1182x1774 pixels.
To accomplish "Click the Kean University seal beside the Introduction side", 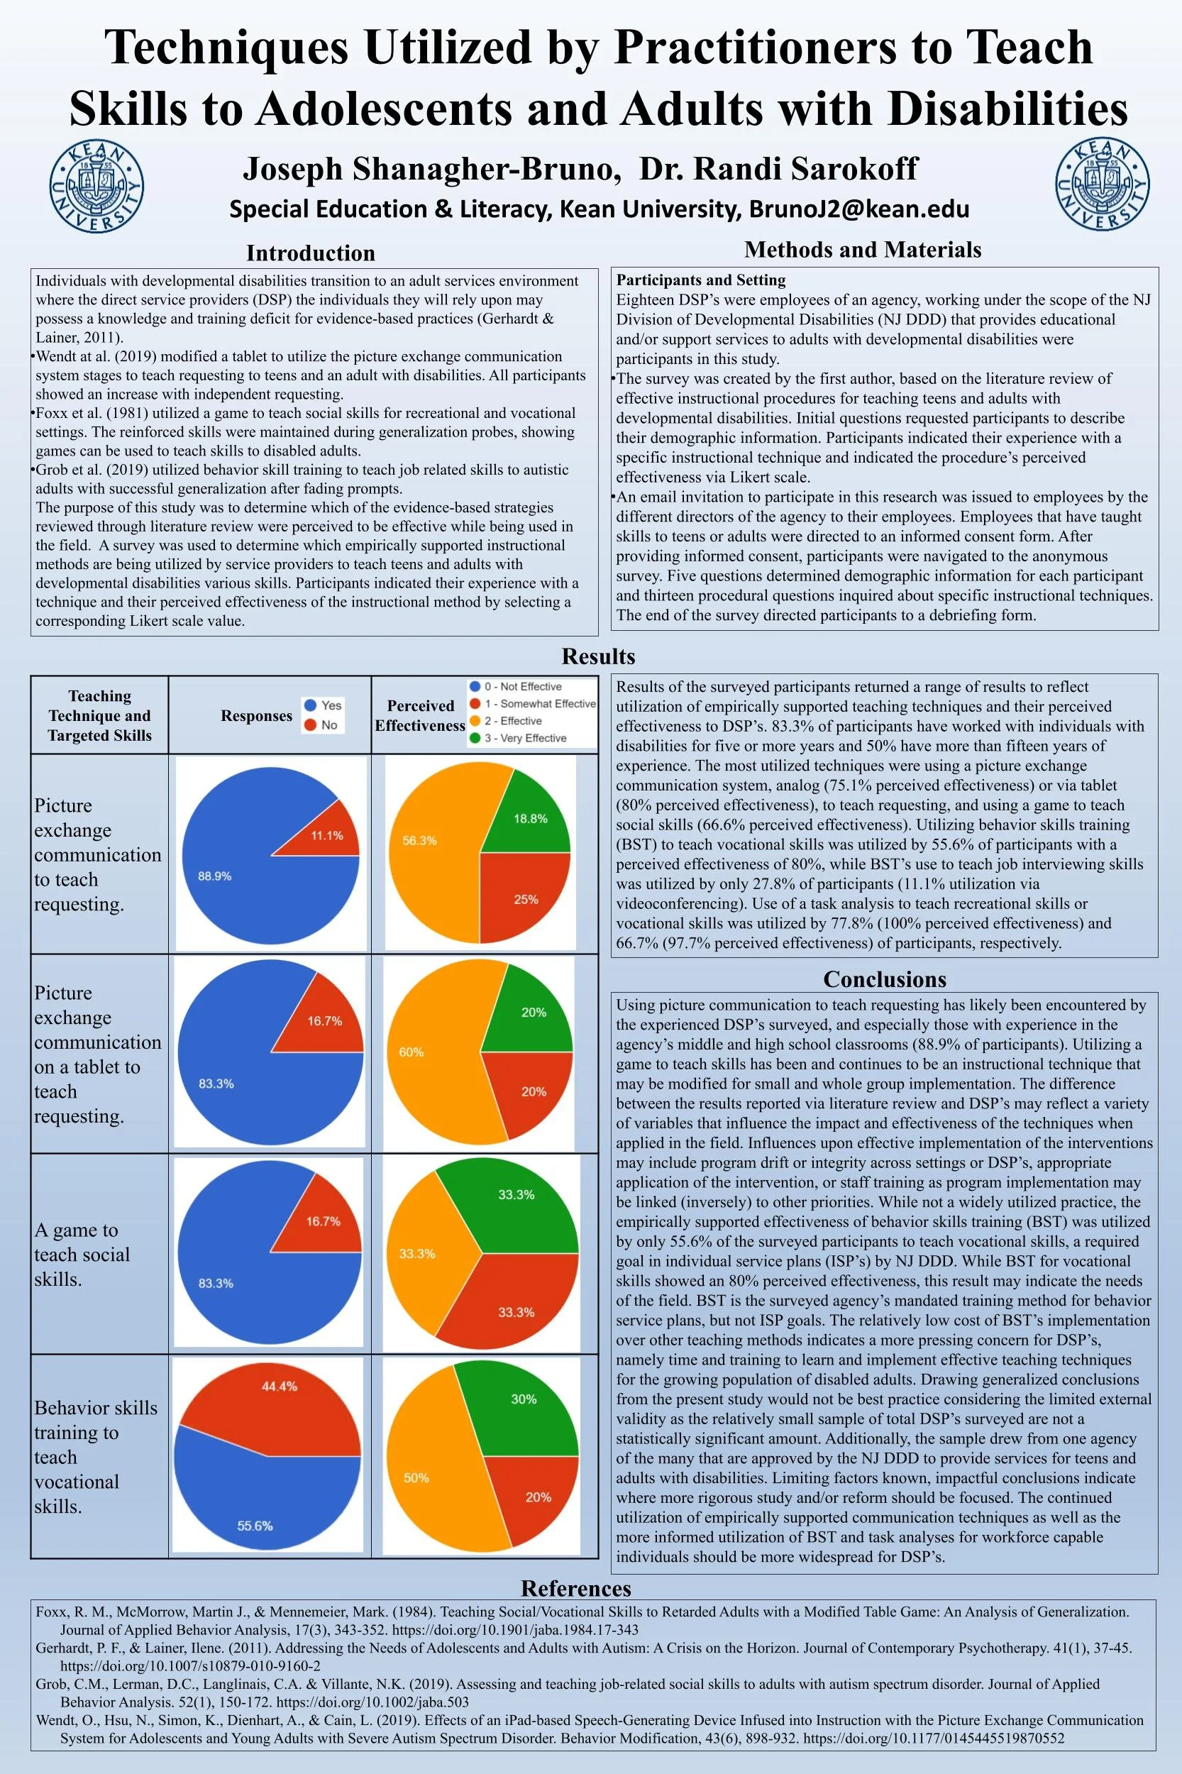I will point(96,185).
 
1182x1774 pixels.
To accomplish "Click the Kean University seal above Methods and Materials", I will point(1102,184).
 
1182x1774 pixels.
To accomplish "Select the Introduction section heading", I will point(311,253).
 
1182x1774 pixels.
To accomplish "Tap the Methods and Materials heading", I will point(863,250).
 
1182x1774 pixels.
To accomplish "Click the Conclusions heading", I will point(884,979).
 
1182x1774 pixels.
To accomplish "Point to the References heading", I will point(576,1589).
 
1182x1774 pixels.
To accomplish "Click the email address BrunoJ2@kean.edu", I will point(858,209).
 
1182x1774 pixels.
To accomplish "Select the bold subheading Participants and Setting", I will point(700,280).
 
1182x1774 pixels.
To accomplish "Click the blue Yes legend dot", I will point(310,705).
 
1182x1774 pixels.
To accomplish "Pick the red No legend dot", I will point(310,725).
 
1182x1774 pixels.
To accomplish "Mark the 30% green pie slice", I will point(520,1406).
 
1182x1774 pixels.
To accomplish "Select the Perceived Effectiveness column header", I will point(420,715).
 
